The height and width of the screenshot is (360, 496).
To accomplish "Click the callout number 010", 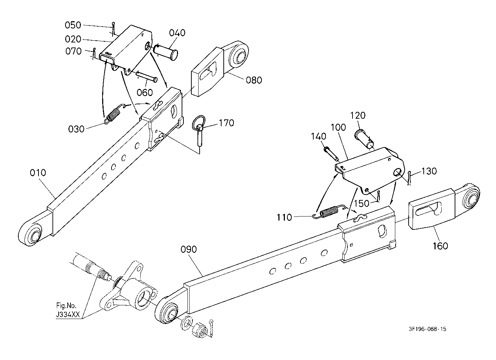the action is [x=38, y=173].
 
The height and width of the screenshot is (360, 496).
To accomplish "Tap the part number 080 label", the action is [x=254, y=80].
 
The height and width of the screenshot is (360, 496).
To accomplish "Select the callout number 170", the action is [x=227, y=123].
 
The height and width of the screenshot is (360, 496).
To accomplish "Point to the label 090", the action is [x=189, y=250].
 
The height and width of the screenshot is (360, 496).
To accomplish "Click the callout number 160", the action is [x=440, y=246].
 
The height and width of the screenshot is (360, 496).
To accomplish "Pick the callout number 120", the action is [x=358, y=115].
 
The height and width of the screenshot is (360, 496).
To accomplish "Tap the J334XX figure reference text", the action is [x=68, y=315].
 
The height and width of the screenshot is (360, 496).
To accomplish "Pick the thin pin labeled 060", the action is [x=147, y=76].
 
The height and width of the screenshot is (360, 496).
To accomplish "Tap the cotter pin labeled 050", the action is [x=114, y=28].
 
